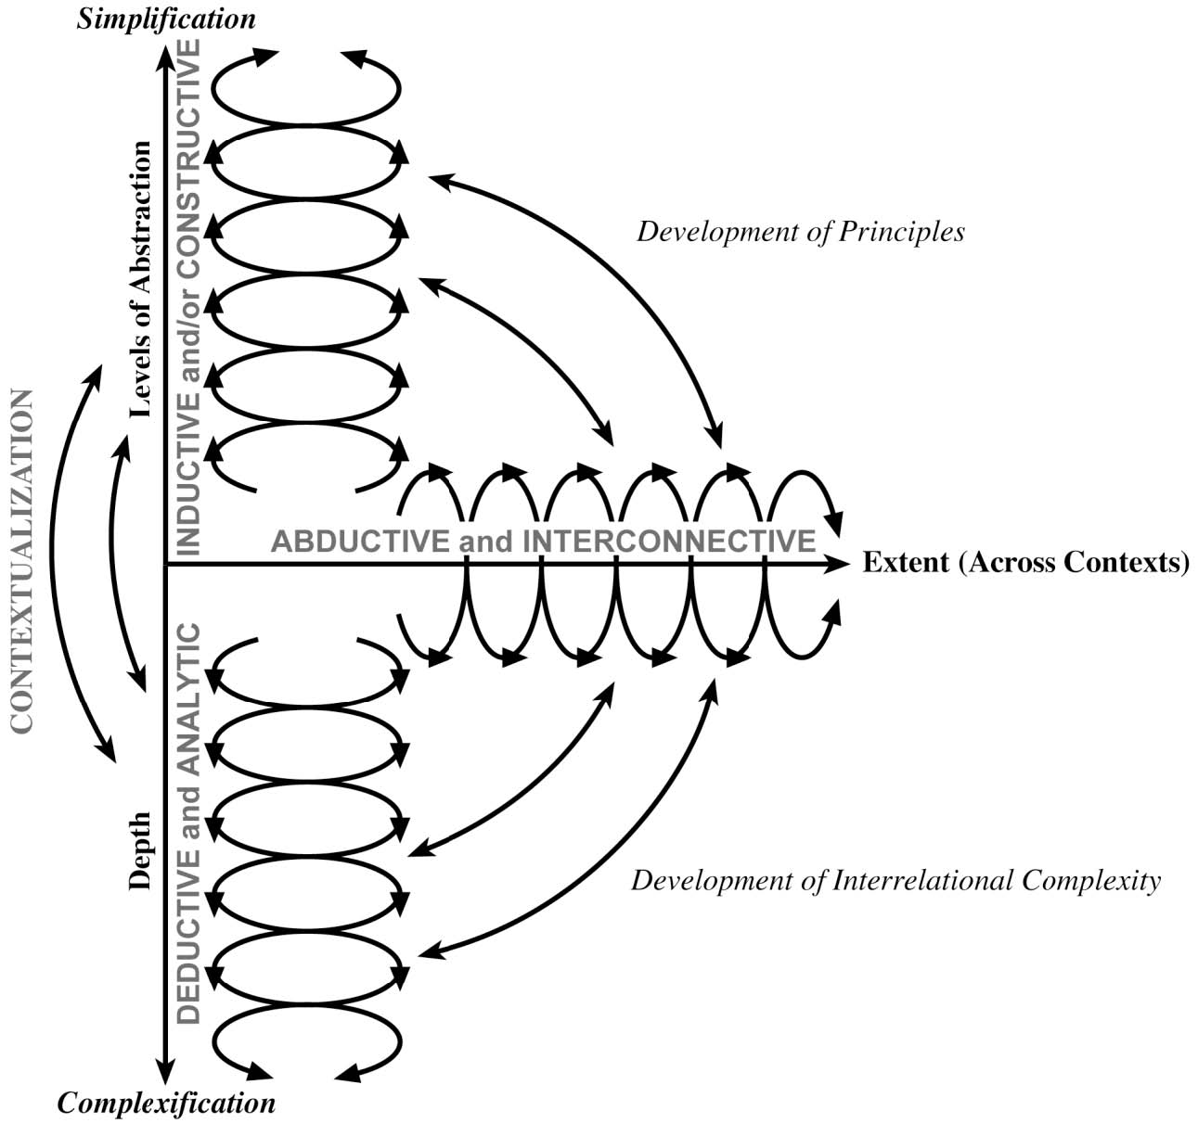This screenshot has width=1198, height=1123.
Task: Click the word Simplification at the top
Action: [x=166, y=19]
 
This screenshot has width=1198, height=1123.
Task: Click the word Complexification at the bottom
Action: [x=167, y=1104]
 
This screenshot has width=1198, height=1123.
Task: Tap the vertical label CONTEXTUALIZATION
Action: [x=23, y=562]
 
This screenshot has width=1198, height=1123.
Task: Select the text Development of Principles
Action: [x=800, y=232]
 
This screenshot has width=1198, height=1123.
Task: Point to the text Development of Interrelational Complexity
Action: [x=895, y=880]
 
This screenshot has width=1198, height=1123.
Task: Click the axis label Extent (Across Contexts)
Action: [x=1025, y=563]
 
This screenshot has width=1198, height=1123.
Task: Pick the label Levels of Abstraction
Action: [x=141, y=281]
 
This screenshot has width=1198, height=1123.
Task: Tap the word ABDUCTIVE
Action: [x=363, y=542]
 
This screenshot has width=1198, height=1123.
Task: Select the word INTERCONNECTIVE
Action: [x=669, y=542]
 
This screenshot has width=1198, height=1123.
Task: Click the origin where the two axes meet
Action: [x=165, y=564]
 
